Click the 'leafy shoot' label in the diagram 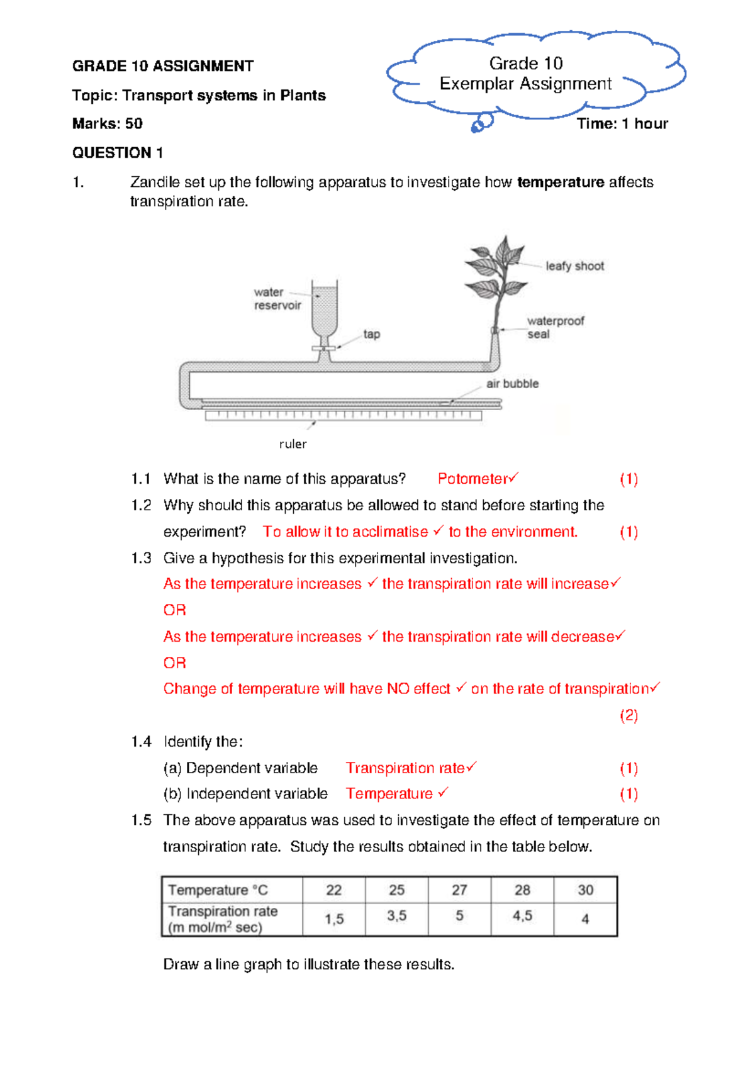point(574,266)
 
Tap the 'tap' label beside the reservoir point(371,334)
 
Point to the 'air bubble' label point(512,384)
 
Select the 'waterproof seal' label point(555,327)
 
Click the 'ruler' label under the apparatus point(293,444)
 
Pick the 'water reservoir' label point(277,299)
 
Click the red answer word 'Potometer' point(473,479)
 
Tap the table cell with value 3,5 point(396,916)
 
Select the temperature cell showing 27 point(459,890)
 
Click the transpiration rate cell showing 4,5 point(522,916)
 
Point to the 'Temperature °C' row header point(218,890)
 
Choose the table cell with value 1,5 point(334,919)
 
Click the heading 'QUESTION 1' point(118,153)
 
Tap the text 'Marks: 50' point(108,123)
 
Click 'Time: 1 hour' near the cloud point(622,124)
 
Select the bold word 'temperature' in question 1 point(560,182)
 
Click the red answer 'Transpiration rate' point(405,768)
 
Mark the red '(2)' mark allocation point(629,715)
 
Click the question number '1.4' point(141,742)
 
